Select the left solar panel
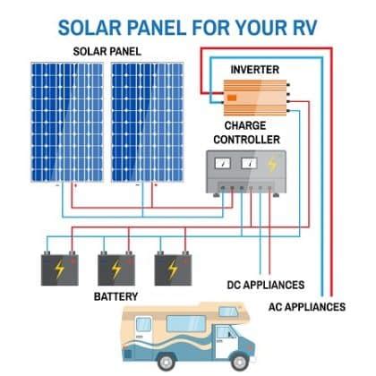click(70, 121)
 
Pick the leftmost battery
click(61, 267)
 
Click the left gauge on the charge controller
click(223, 164)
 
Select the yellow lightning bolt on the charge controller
click(270, 164)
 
